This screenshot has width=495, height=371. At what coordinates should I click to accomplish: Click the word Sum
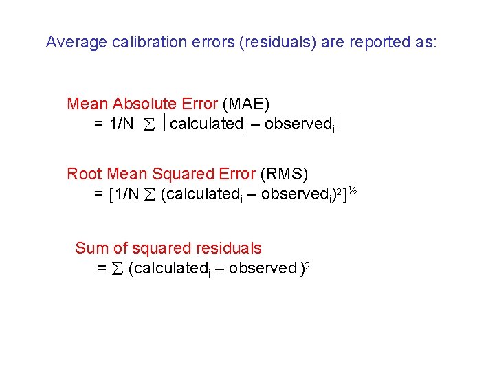(90, 248)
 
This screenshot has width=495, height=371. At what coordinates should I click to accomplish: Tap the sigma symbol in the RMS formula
(150, 195)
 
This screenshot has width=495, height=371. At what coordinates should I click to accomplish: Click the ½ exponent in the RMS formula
(351, 190)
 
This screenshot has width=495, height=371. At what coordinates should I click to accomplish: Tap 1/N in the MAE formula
(120, 125)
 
